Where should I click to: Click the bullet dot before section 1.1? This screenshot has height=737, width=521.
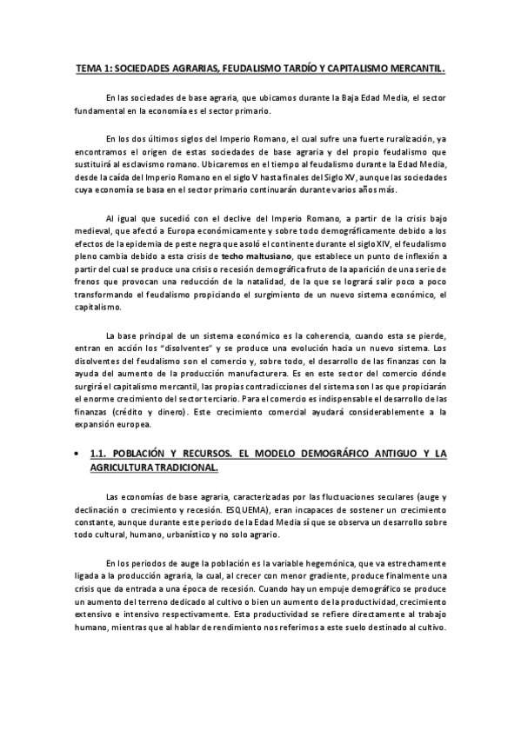click(77, 454)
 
